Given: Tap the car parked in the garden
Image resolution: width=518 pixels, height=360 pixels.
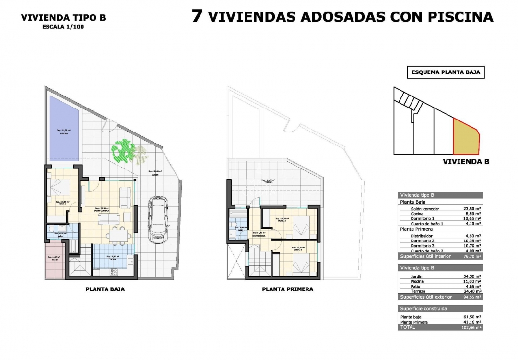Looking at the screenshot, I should pos(157,219).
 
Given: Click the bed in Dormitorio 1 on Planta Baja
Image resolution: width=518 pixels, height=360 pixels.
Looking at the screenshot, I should pos(60,185).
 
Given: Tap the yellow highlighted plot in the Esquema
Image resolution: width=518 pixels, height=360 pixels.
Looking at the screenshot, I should pos(467,138).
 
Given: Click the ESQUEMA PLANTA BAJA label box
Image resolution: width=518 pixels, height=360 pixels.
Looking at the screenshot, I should pos(446,73).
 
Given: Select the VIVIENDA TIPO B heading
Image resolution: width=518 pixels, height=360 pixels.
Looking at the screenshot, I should pos(63,18).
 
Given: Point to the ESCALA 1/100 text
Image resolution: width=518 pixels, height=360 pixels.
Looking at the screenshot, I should pos(63,27).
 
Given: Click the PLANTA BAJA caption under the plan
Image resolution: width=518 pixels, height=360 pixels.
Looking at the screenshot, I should pos(105,289).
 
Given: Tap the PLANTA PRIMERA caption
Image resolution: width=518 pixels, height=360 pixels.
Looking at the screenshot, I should pos(287,289).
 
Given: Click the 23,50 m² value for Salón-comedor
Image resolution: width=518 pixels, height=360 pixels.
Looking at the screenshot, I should pos(472,209).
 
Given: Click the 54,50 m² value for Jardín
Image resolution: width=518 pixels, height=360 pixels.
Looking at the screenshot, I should pos(472,276).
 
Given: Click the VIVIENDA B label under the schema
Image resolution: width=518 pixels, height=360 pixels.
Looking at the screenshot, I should pos(465,162).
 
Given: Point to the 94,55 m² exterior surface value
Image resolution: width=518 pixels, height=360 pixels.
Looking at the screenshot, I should pos(472,297).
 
